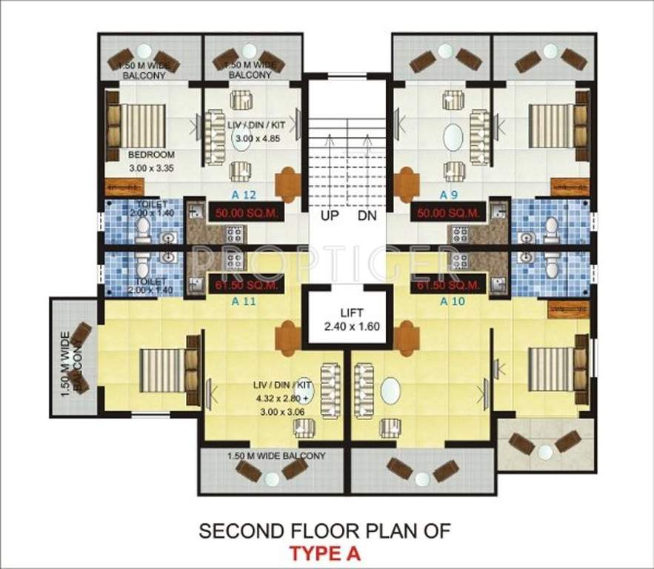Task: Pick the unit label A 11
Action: coord(244,302)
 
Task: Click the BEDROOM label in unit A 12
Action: coord(151,155)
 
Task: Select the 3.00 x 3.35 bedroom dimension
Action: coord(151,168)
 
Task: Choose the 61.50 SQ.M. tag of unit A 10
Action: coord(449,285)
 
